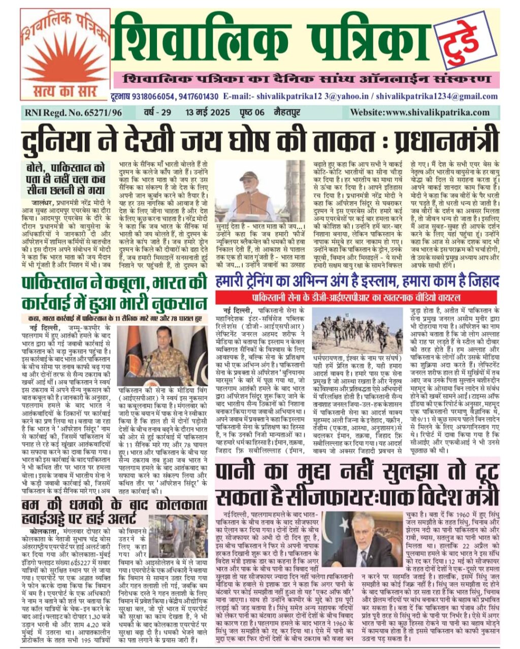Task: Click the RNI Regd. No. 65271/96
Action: (x=72, y=113)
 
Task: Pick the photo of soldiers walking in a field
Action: (x=358, y=331)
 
